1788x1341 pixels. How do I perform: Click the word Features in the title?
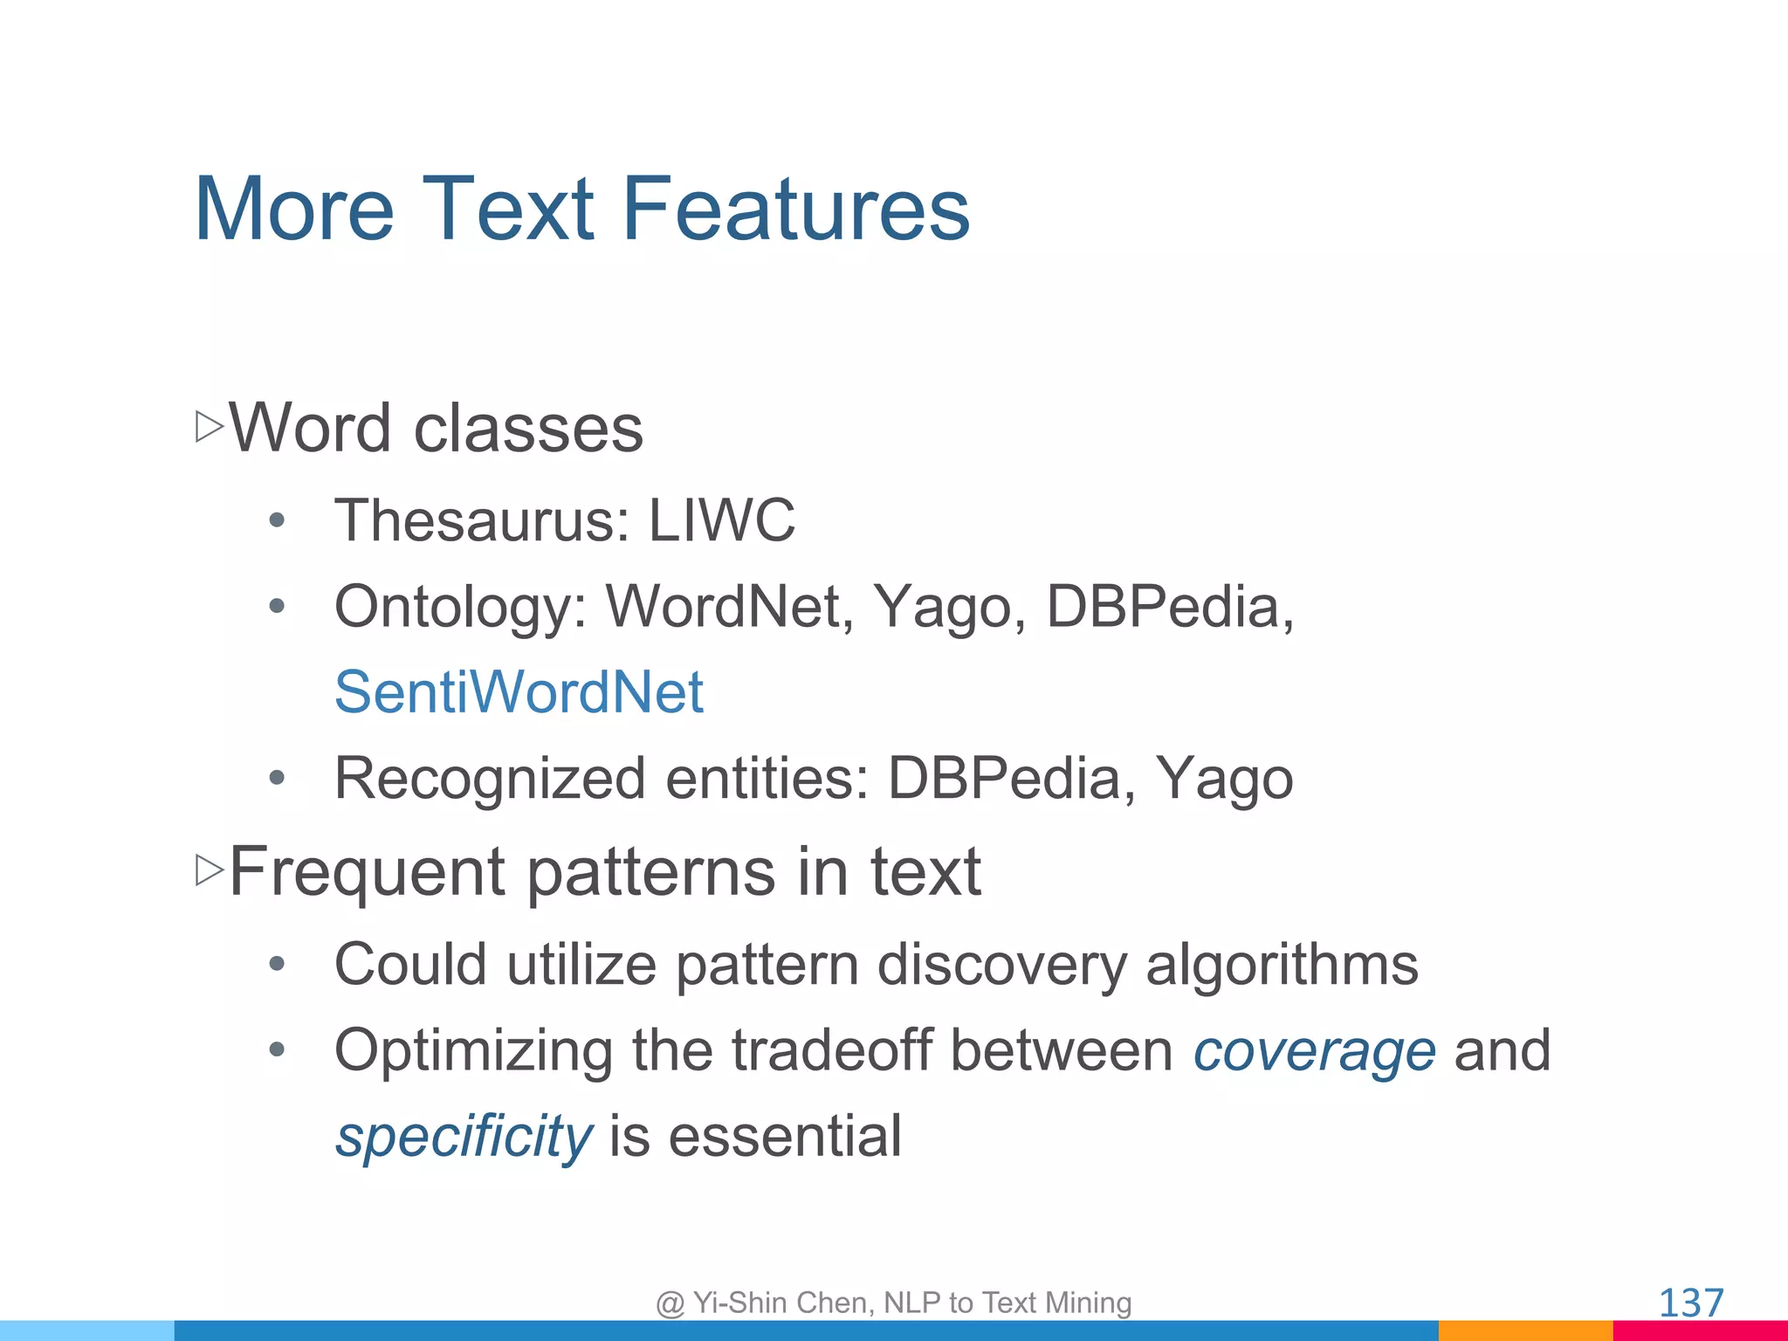(795, 210)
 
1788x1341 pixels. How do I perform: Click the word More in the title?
(294, 210)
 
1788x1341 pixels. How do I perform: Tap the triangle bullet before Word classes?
(210, 427)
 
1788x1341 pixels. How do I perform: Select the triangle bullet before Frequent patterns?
(210, 870)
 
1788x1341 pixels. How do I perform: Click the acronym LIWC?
(721, 520)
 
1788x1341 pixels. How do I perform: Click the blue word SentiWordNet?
(519, 692)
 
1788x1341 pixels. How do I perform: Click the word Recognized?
(490, 779)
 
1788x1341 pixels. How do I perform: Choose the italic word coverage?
(1314, 1051)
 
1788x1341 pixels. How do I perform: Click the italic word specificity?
(464, 1137)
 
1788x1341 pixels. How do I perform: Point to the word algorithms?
(1281, 966)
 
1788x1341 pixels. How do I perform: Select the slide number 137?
(1690, 1303)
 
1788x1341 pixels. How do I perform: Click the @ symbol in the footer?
(670, 1303)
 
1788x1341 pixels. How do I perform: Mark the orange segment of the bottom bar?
(1524, 1331)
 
